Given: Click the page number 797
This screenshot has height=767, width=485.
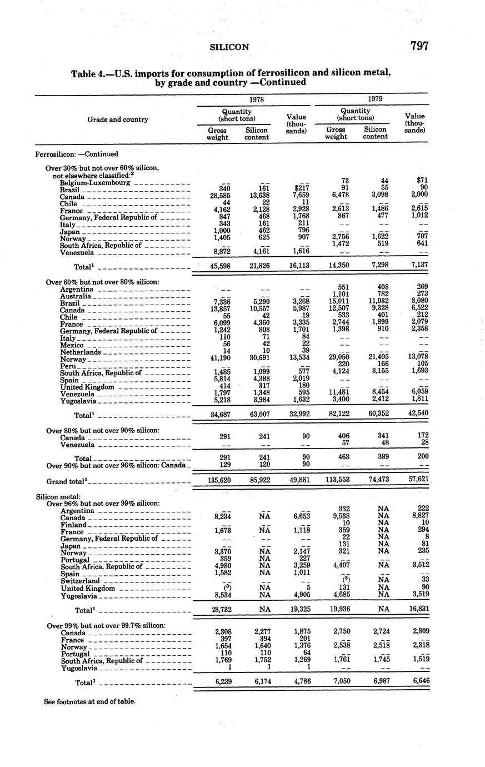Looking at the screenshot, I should (419, 46).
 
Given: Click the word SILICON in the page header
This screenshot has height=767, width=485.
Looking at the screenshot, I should (229, 47).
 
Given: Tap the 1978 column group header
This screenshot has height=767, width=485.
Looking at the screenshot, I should (256, 99).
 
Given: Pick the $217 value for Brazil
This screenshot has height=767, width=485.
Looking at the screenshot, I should (301, 190).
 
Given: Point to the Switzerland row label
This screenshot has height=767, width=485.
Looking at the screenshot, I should (81, 581).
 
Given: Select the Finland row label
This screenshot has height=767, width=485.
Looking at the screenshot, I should (74, 525).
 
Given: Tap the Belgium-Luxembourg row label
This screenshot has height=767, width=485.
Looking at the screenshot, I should (95, 182).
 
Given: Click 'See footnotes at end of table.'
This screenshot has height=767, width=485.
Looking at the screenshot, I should (89, 701).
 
